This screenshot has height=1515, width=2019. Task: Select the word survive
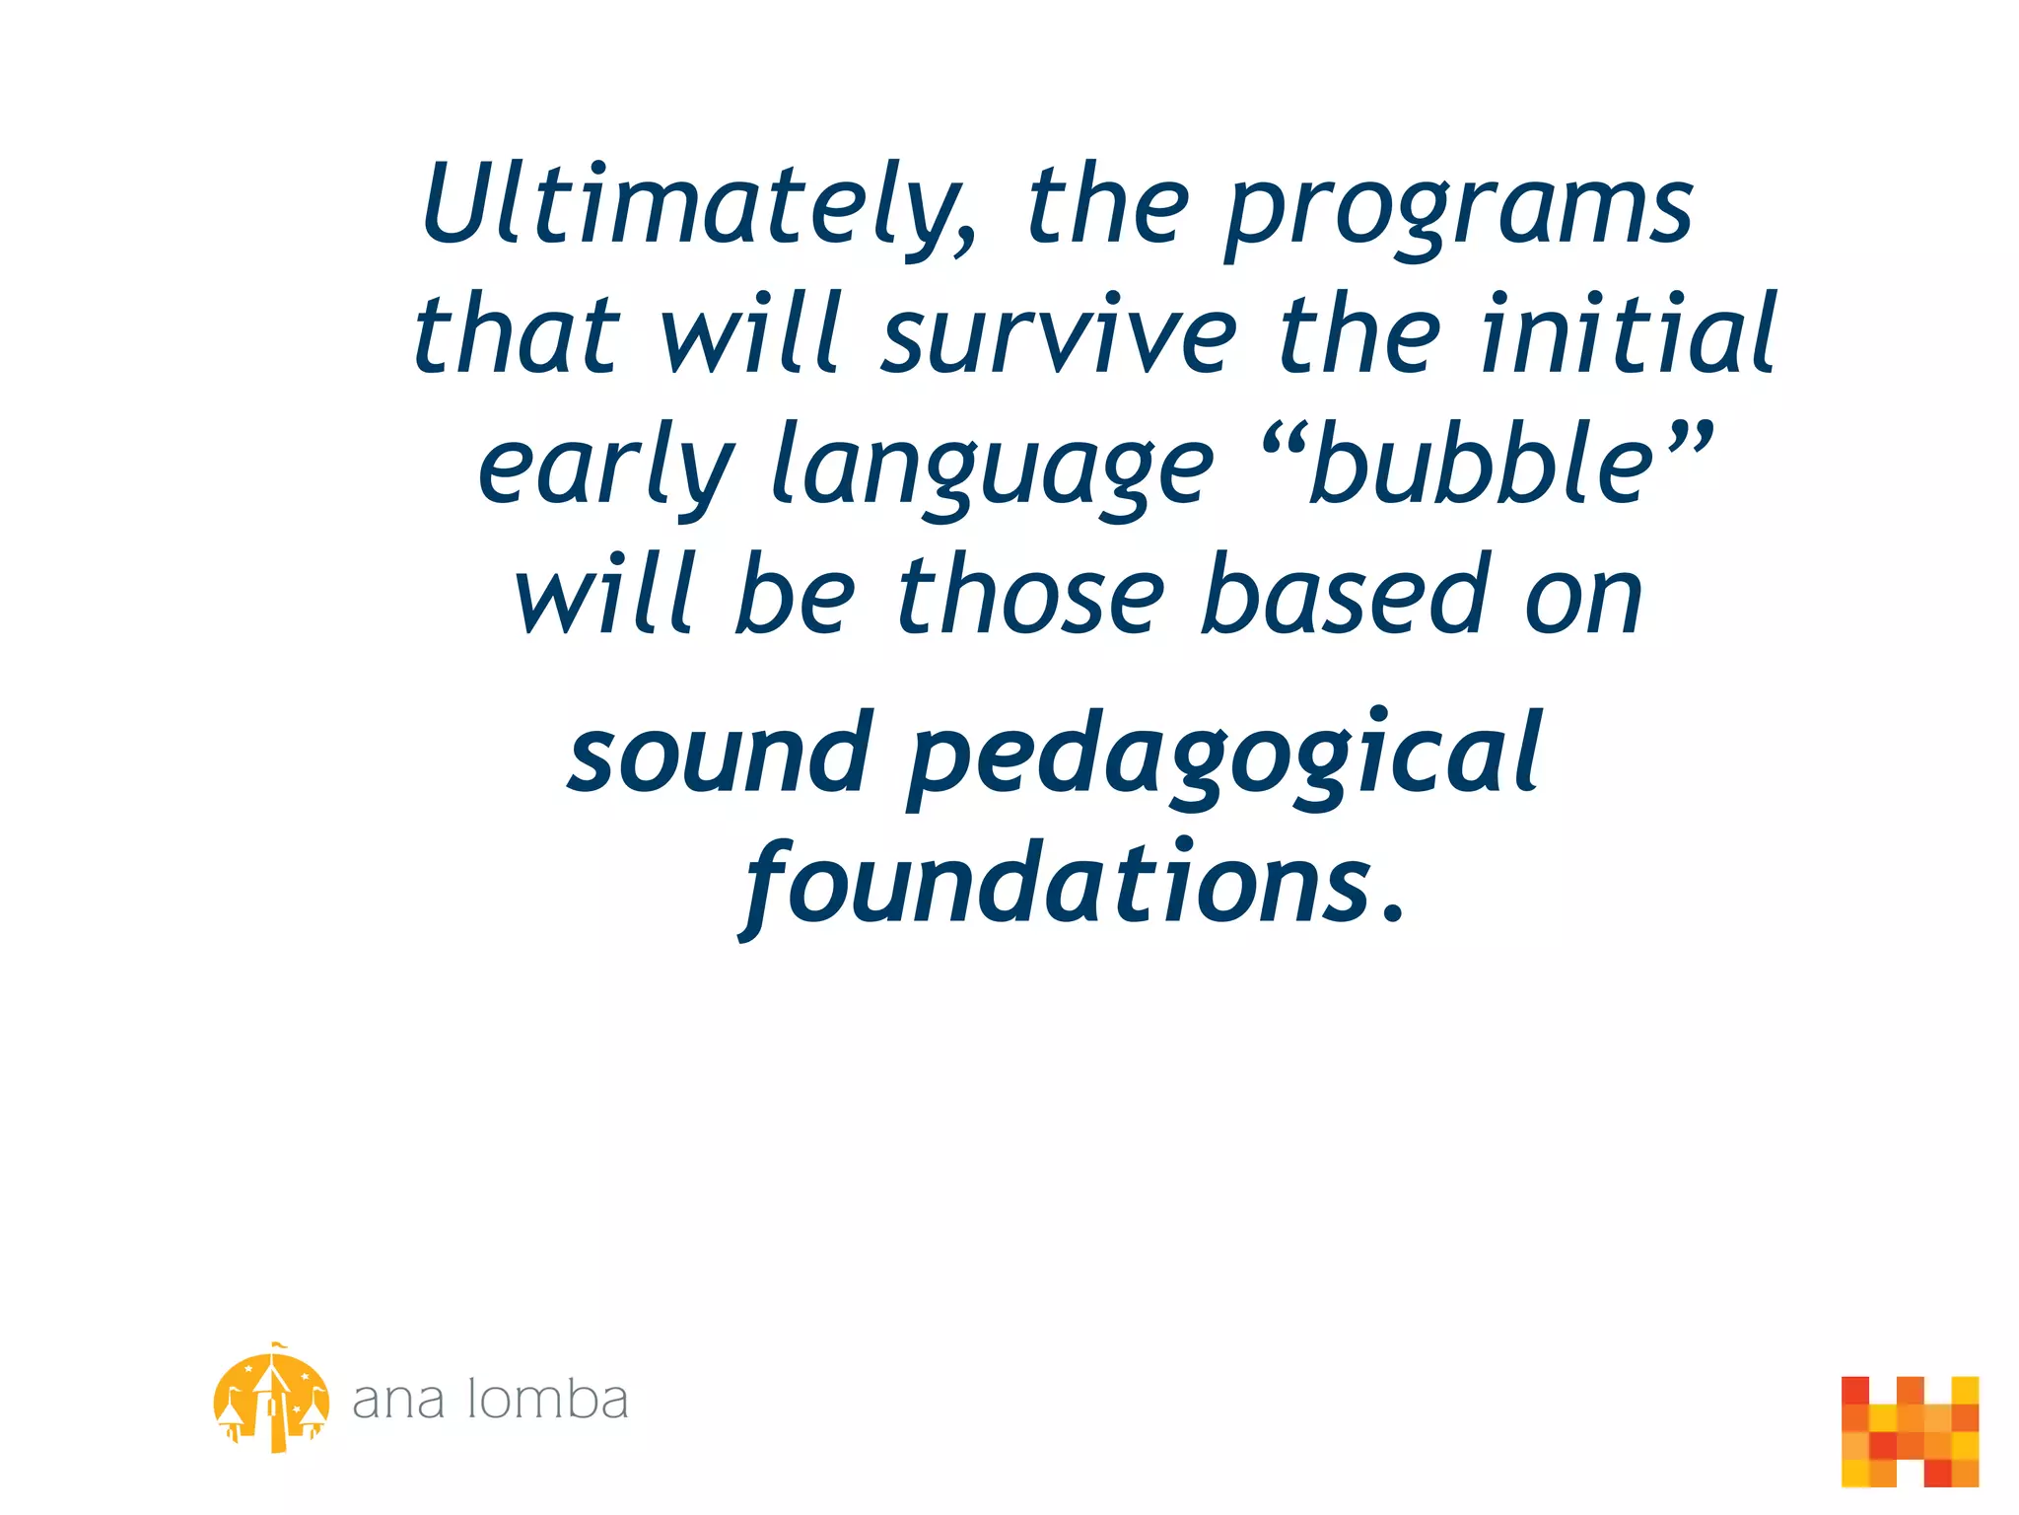point(1059,335)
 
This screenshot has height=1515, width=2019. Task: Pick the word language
point(992,469)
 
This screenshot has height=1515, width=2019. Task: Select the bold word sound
point(721,755)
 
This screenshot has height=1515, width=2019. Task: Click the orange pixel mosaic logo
point(1910,1431)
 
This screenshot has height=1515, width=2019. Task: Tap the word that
point(517,335)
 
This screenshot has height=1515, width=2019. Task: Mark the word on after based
point(1583,597)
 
